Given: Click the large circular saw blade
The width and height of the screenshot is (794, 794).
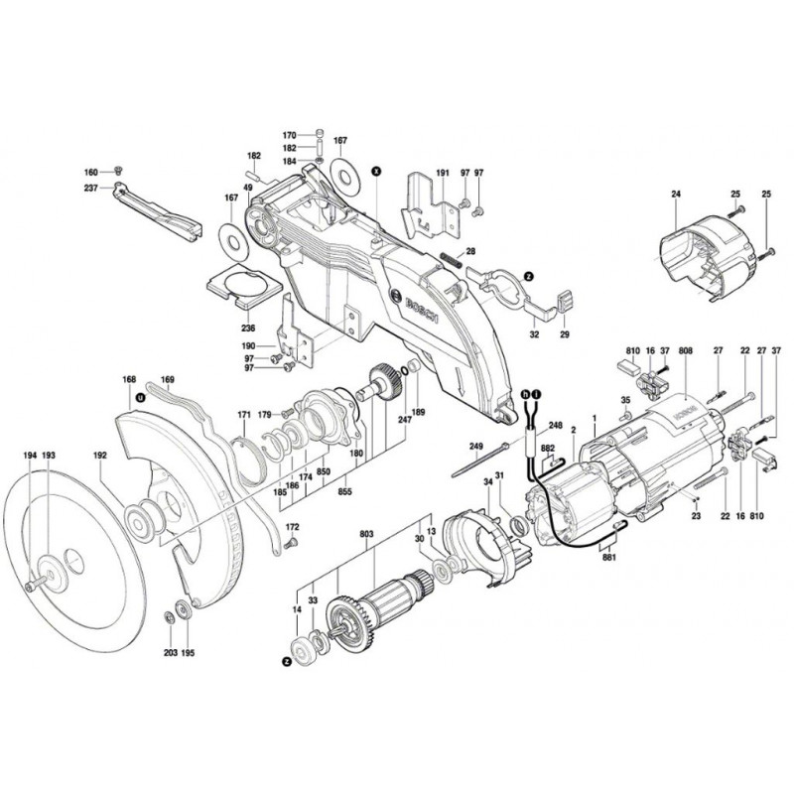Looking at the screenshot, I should click(69, 556).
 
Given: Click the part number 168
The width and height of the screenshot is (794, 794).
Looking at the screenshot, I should click(128, 378).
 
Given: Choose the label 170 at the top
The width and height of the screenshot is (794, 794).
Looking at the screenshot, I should click(289, 135).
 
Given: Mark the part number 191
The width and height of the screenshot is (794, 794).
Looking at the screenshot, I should click(442, 174).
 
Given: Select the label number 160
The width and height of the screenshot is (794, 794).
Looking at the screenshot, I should click(91, 173).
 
